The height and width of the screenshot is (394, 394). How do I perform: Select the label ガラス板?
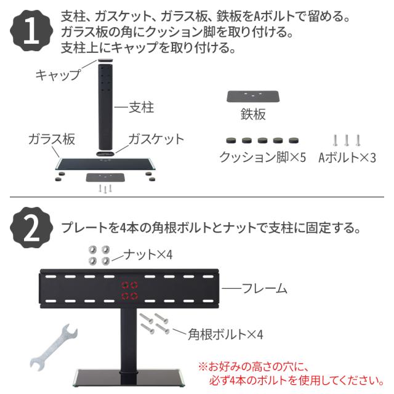coord(52,139)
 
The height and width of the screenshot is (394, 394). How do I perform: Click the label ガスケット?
coord(156,139)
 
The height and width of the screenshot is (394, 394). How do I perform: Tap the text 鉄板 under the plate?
coord(253,115)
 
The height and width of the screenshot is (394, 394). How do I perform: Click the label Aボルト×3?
coord(347,157)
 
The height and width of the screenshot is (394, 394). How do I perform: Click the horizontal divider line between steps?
coord(197,198)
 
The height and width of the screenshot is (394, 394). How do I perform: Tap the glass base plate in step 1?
coord(105,164)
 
